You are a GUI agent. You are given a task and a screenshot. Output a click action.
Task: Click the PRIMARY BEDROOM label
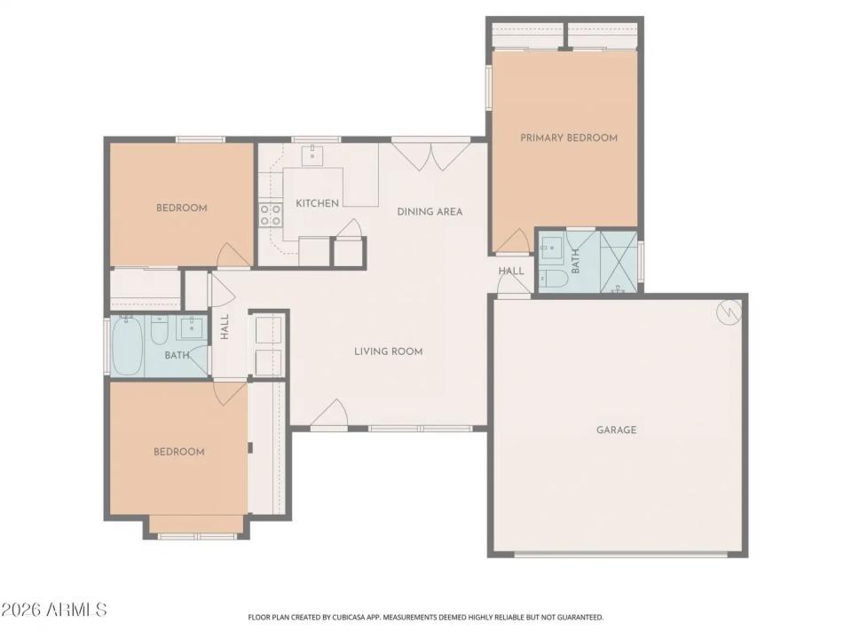coord(568,138)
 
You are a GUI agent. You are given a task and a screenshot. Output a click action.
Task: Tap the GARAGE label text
coord(616,430)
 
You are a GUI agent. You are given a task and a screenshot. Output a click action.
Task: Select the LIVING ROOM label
coord(388,351)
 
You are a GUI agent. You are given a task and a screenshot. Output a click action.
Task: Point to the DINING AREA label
coord(430,211)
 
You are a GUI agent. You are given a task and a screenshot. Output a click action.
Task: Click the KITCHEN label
coord(317,203)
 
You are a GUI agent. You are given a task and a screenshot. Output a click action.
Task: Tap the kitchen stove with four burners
coord(270,214)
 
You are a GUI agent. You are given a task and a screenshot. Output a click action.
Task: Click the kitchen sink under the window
coord(314,156)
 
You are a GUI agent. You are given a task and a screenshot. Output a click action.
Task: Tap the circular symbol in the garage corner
coord(729,312)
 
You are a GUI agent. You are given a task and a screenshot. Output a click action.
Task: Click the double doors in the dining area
coord(430,155)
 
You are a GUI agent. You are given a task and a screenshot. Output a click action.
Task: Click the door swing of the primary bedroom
coord(509,240)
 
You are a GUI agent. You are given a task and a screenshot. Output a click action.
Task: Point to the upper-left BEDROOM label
coord(181,208)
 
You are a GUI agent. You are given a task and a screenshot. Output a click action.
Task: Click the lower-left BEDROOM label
coord(178,452)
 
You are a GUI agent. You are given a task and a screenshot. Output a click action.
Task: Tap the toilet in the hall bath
coord(160,331)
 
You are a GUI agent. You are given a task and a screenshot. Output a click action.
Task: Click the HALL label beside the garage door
coord(510,271)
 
